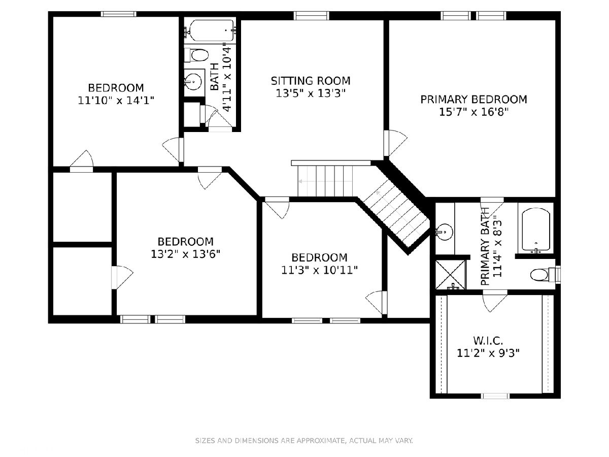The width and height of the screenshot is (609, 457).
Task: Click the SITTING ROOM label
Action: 311,81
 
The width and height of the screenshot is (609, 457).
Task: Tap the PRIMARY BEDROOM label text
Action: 473,100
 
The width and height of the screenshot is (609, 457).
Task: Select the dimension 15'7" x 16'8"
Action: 473,112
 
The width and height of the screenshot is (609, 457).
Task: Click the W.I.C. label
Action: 488,340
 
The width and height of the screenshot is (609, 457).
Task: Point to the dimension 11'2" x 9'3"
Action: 488,353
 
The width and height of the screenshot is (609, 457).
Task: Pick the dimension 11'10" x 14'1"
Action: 116,100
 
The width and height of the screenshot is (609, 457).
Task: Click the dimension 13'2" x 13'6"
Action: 185,254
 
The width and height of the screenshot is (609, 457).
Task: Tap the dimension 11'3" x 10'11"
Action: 319,270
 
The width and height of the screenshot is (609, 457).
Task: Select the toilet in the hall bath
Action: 196,55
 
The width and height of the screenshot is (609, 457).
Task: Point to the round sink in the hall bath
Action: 193,82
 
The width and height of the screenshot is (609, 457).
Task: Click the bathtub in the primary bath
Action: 536,230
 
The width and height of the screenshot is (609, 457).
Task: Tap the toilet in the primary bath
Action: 545,275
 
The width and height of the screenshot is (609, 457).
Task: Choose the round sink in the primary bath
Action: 445,232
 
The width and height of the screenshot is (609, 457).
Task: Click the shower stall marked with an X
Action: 451,274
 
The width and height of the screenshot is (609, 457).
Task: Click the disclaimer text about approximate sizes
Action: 304,440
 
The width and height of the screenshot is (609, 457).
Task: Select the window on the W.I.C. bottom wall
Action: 495,396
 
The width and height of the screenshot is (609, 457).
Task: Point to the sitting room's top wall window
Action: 311,16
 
